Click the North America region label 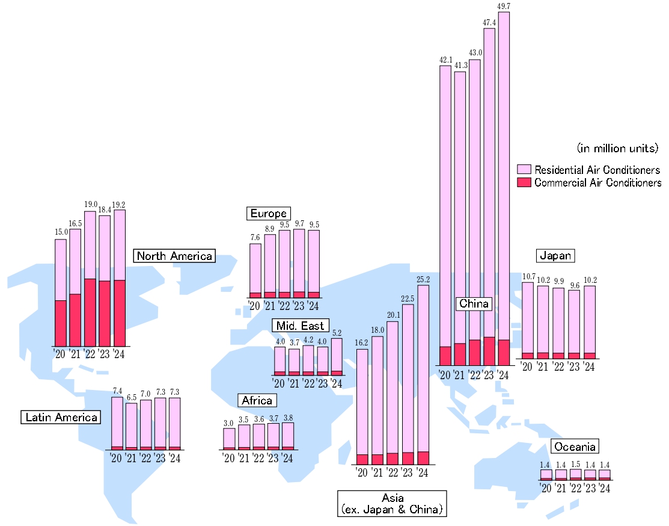tap(174, 256)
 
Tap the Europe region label tap(269, 213)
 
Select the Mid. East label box tap(300, 326)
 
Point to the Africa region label tap(257, 400)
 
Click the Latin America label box tap(61, 417)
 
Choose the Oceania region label tap(575, 447)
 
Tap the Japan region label tap(555, 255)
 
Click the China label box tap(474, 303)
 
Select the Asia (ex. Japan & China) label tap(391, 504)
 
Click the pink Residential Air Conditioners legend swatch tap(524, 170)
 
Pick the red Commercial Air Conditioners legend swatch tap(524, 182)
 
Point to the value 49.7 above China tap(504, 7)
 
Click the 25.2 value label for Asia tap(423, 280)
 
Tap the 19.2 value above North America tap(119, 205)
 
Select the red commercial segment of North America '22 tap(90, 312)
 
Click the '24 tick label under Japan tap(589, 367)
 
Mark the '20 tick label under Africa tap(228, 458)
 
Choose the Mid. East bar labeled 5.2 tap(337, 356)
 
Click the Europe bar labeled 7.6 tap(255, 270)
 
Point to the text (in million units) tap(617, 147)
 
